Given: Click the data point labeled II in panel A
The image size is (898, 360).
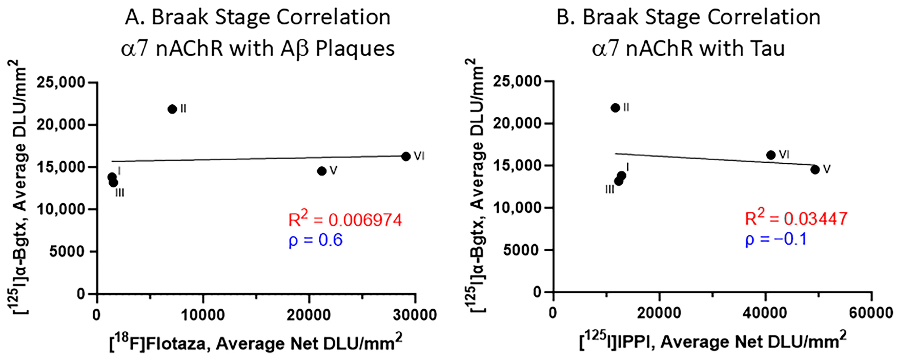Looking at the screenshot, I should tap(172, 109).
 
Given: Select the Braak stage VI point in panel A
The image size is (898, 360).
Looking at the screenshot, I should tap(406, 156).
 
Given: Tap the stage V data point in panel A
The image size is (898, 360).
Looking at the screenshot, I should tap(322, 171).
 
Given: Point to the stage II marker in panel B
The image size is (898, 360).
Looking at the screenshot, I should tap(615, 108).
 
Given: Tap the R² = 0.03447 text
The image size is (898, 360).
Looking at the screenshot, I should tap(796, 218).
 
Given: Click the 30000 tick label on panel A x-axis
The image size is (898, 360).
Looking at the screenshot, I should tap(415, 315).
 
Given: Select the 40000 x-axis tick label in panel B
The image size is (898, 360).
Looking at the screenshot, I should tap(765, 313).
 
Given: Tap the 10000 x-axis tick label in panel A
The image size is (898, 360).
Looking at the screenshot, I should tap(203, 315).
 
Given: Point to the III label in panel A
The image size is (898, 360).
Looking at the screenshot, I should tap(119, 193).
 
